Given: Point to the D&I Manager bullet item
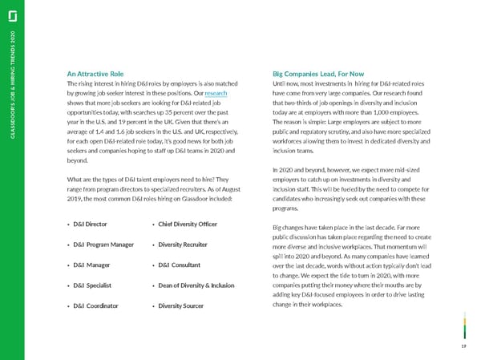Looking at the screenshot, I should click(x=91, y=265).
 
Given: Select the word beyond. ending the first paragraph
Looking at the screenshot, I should click(x=78, y=160).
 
